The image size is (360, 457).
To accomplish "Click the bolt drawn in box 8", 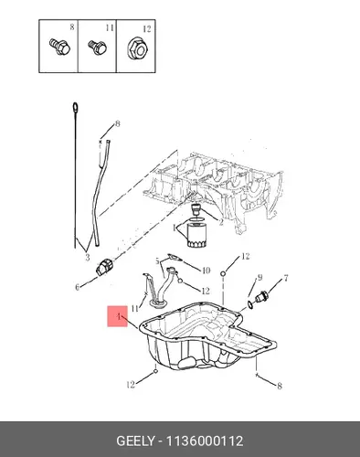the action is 59,47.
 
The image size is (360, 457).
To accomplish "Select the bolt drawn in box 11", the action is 98,48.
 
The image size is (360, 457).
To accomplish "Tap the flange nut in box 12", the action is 137,48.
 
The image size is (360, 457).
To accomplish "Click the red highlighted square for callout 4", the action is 117,316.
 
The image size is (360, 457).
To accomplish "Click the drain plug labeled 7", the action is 261,297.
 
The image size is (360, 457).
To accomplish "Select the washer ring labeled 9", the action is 250,304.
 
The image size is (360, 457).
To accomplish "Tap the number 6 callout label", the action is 78,287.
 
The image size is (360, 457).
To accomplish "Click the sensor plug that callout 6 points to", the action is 104,266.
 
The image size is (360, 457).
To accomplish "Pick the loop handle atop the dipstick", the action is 75,108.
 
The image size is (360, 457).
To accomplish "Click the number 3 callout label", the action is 88,258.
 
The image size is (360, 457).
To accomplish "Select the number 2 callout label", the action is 221,222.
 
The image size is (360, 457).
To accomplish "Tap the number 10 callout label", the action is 206,271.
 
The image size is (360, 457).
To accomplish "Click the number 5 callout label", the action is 157,261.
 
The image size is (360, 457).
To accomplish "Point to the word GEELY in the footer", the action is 135,441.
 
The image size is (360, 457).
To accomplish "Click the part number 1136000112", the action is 204,441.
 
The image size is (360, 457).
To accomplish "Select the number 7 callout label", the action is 286,278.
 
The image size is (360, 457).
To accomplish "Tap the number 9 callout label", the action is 259,277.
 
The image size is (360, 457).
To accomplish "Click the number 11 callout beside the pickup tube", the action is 134,309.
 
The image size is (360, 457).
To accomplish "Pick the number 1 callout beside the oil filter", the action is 175,228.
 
